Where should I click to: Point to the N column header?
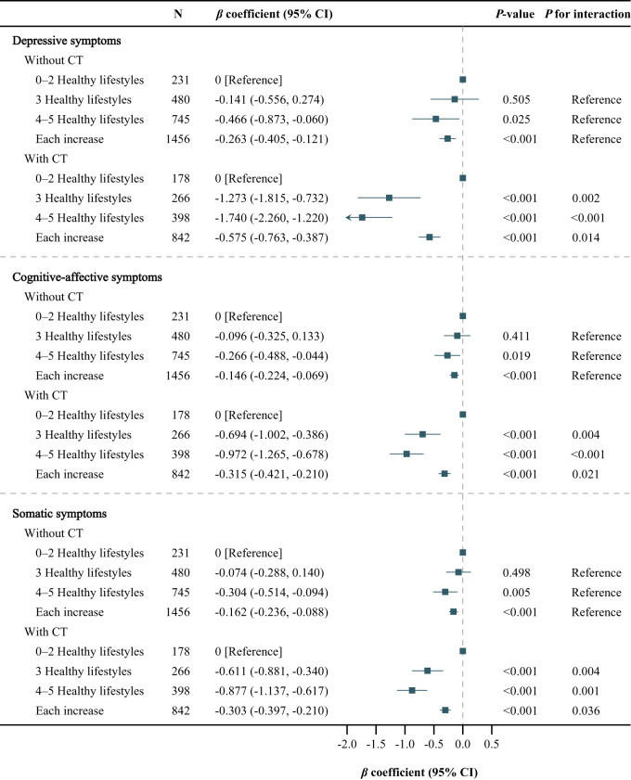coord(180,14)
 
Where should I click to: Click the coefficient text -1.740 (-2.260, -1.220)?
coord(270,217)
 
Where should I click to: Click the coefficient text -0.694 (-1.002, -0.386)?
coord(270,434)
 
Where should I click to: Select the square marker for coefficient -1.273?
coord(389,198)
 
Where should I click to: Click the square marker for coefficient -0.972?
coord(406,454)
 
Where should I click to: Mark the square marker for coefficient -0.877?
coord(412,690)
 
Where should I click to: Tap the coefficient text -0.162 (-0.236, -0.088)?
coord(270,612)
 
